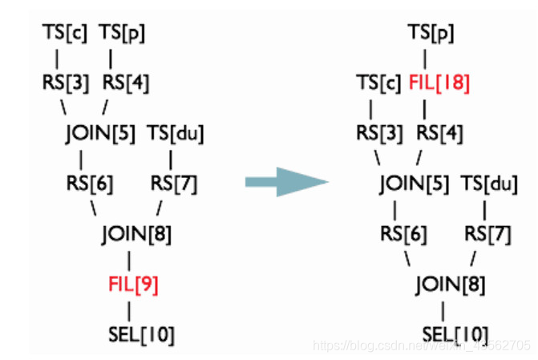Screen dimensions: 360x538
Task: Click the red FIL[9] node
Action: click(133, 284)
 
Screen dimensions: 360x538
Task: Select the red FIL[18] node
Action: click(439, 83)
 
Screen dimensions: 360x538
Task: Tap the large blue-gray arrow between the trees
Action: click(285, 182)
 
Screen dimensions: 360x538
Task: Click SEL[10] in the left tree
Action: click(140, 334)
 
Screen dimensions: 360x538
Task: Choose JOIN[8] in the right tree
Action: click(450, 284)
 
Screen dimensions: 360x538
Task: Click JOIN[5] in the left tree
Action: click(101, 133)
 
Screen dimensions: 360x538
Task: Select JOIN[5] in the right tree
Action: click(415, 184)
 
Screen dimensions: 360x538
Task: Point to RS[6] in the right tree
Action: click(403, 234)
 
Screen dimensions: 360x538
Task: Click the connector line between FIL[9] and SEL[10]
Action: click(131, 309)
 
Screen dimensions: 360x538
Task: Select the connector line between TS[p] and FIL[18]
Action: click(426, 58)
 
